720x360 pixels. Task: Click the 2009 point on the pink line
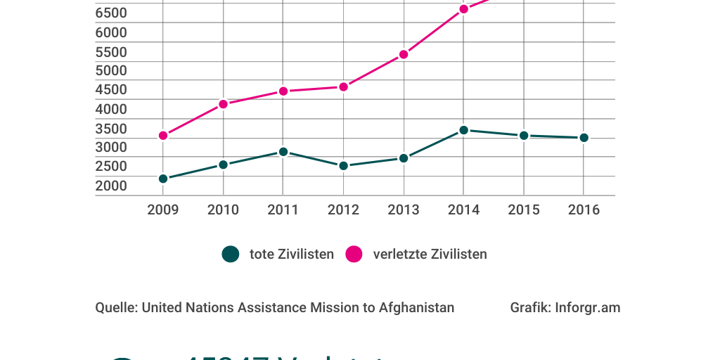click(163, 135)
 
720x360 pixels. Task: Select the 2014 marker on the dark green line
click(463, 130)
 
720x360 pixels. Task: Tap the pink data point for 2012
click(343, 86)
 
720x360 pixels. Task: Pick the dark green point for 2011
click(283, 151)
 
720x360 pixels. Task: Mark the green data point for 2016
click(584, 138)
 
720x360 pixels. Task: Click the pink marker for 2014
click(463, 9)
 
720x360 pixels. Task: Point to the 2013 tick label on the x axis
click(404, 210)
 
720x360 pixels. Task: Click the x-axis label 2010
click(223, 210)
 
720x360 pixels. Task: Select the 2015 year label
click(524, 210)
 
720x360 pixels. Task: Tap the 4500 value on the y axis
click(111, 89)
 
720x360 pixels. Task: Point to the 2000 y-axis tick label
click(111, 186)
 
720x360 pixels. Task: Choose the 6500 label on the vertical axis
click(111, 13)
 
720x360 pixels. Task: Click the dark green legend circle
click(231, 254)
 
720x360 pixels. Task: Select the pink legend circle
click(354, 254)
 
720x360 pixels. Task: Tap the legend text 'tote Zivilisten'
click(292, 254)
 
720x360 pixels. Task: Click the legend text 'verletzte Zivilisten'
click(430, 254)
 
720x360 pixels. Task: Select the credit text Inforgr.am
click(587, 307)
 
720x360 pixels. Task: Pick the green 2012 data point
click(343, 166)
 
